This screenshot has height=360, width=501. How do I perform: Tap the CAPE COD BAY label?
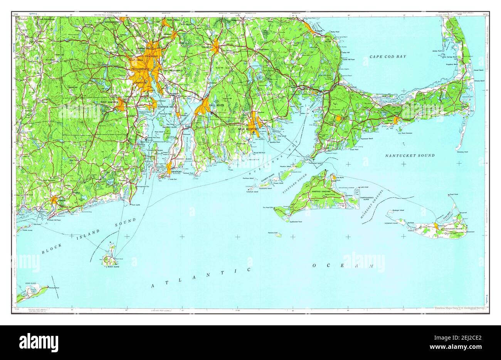click(388, 57)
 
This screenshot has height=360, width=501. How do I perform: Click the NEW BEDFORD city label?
click(247, 129)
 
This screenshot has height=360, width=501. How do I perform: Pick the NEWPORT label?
click(177, 170)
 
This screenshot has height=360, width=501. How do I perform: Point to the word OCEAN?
click(343, 266)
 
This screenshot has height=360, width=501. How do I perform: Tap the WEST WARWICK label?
click(109, 102)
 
